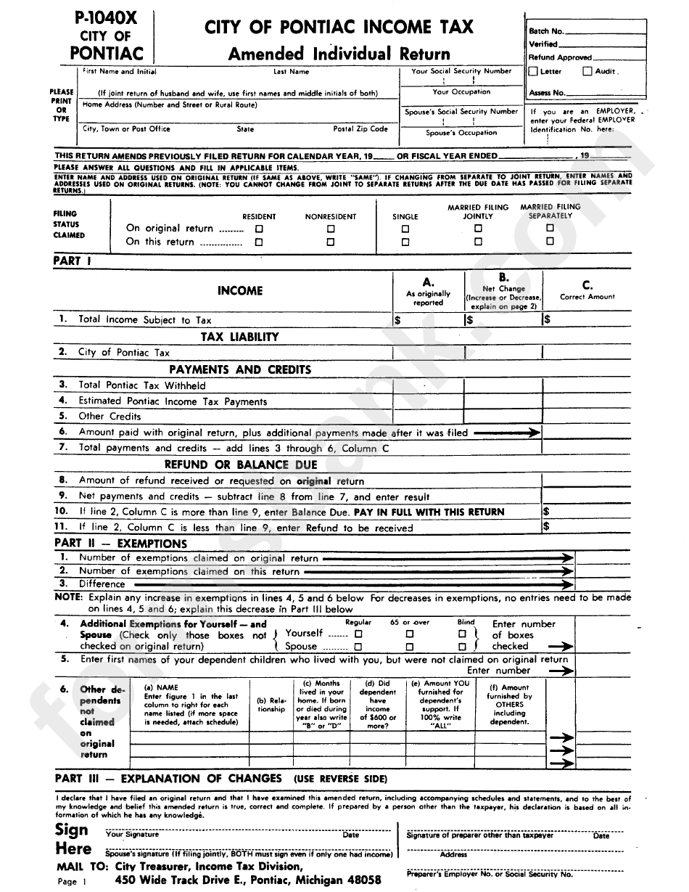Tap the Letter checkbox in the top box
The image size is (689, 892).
coord(534,72)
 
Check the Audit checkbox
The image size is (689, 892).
coord(588,72)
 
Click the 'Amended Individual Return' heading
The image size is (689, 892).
coord(339,54)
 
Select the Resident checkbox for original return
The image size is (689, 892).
coord(259,229)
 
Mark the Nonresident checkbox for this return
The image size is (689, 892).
coord(331,242)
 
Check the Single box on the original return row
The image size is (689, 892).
coord(405,229)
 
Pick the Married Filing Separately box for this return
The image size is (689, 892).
coord(550,242)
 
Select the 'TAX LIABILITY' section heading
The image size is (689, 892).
coord(239,337)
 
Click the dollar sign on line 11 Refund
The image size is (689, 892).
coord(546,528)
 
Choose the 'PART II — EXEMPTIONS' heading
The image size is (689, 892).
coord(121,544)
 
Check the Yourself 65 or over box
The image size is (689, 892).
coord(410,634)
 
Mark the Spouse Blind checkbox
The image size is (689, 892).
coord(462,647)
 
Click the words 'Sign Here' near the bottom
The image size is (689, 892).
coord(73,840)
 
